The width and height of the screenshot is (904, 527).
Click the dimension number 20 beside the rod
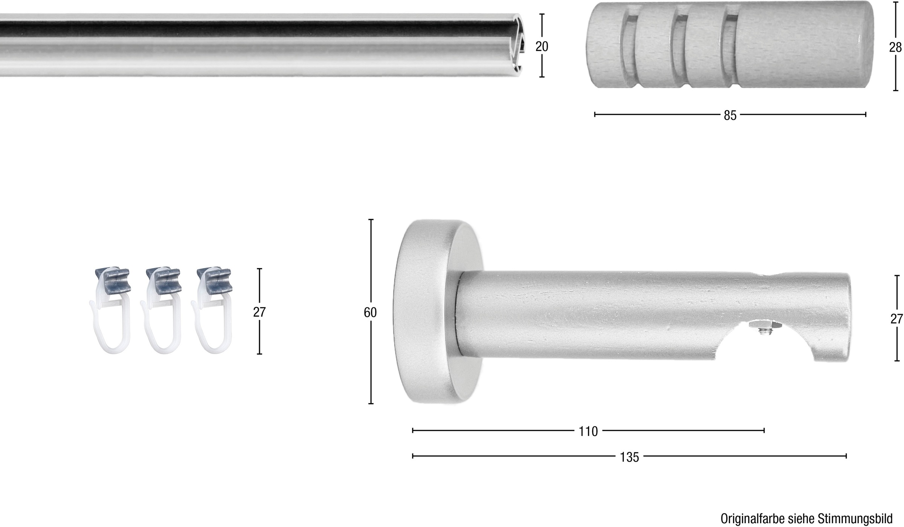pos(542,46)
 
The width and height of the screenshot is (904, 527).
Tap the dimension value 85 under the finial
pos(730,116)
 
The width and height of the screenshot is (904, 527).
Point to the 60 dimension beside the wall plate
pos(370,312)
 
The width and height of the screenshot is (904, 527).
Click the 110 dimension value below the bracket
pos(588,431)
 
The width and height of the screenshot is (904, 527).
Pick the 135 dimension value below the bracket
pos(629,457)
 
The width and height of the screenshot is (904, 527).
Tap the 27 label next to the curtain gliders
pos(259,312)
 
